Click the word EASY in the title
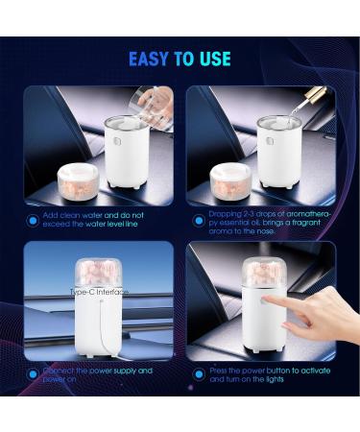(x=148, y=60)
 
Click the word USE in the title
(x=213, y=60)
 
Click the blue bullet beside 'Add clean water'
(x=34, y=220)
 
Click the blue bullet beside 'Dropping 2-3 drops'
(x=197, y=220)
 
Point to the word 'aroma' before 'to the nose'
(x=228, y=230)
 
